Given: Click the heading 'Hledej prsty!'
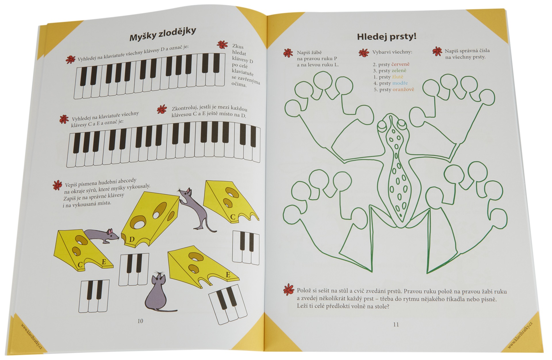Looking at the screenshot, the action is tap(387, 37).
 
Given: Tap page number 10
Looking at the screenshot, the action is tap(140, 321).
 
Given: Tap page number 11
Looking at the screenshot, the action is tap(396, 324).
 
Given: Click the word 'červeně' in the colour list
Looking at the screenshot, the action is tap(400, 64).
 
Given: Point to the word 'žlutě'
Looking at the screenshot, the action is tap(398, 77).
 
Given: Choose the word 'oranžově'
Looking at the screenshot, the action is tap(403, 89).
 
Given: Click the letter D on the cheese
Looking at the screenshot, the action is tap(132, 239).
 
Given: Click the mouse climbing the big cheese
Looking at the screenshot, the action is tap(193, 209).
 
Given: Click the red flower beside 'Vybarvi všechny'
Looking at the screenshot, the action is tap(364, 53).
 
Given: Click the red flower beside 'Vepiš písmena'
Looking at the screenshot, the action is tap(57, 185).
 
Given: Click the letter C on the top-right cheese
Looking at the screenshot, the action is tap(233, 217).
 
